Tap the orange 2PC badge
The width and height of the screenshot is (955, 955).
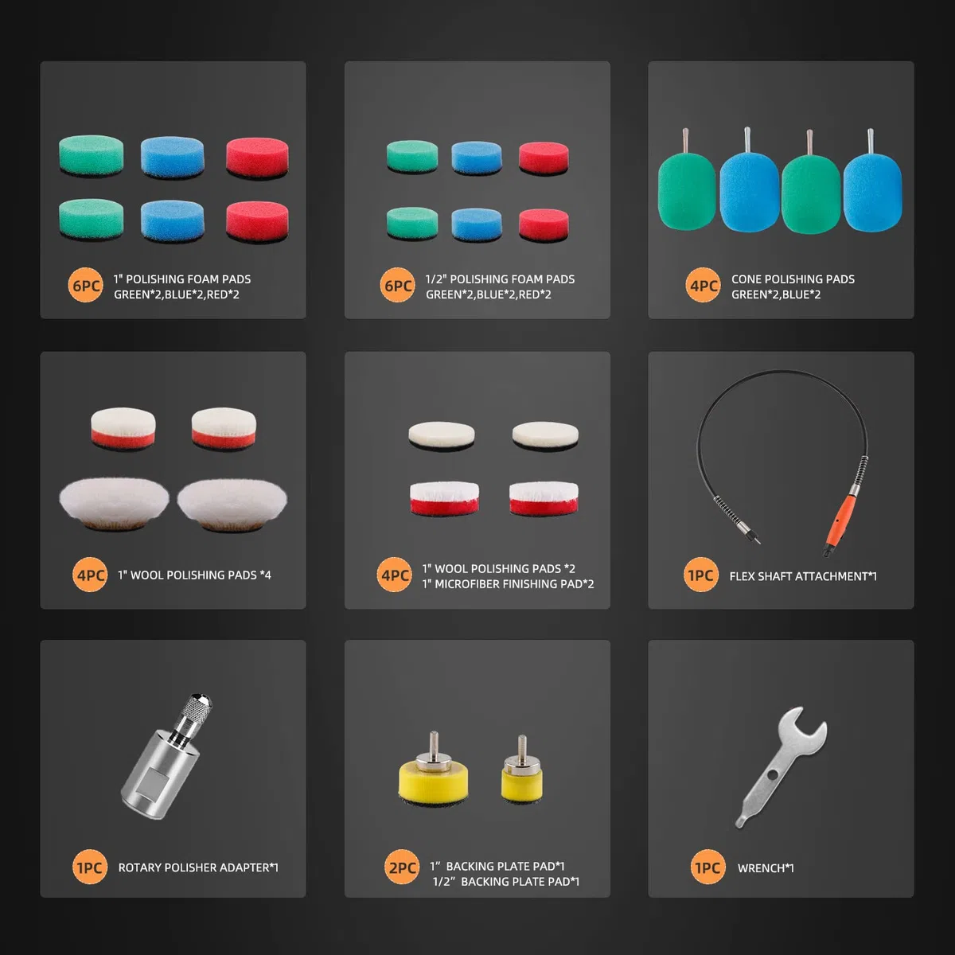point(402,867)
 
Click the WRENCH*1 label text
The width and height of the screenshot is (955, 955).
point(766,867)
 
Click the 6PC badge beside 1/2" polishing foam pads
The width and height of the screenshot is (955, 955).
point(398,286)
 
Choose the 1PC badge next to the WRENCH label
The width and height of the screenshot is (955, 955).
point(707,867)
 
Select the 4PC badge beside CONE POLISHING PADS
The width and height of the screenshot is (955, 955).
point(704,286)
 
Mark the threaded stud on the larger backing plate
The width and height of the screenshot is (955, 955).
point(434,743)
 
